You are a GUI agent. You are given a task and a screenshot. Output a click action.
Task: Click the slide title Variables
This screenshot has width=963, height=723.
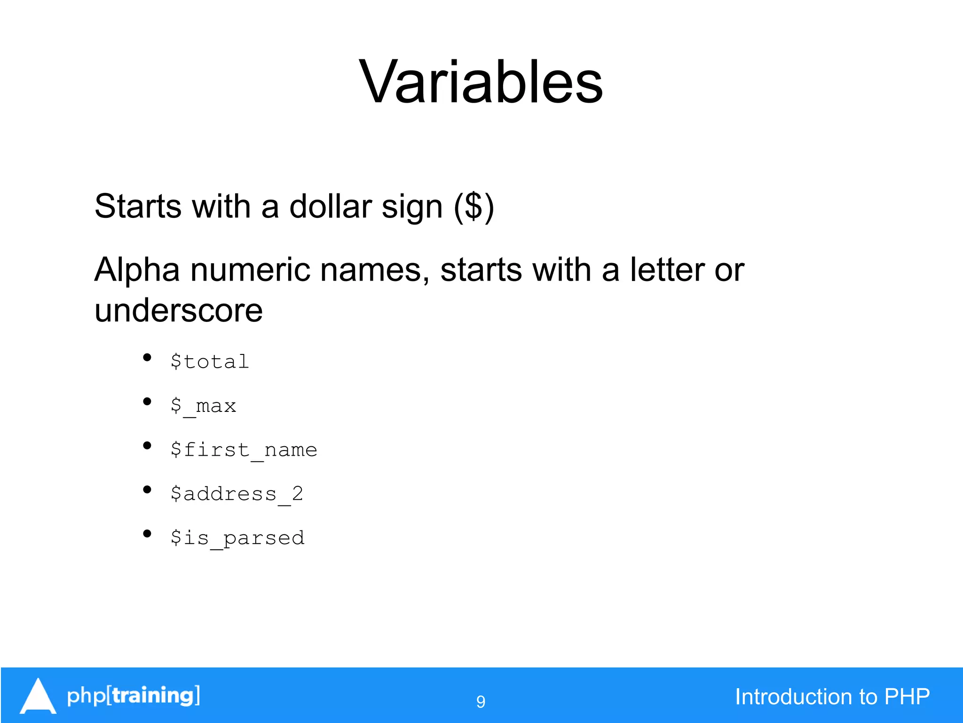pos(481,82)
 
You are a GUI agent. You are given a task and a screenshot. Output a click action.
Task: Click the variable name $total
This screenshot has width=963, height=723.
pos(209,361)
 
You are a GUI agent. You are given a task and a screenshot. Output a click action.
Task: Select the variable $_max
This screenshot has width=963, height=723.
pos(203,406)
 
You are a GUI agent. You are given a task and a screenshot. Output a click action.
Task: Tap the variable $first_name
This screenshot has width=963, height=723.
pos(244,450)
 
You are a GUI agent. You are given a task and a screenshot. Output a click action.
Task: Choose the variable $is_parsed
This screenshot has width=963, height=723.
pos(237,538)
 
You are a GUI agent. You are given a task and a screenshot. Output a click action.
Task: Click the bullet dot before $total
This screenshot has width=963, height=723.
pos(147,358)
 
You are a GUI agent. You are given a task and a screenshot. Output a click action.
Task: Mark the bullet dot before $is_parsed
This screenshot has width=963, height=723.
pos(147,534)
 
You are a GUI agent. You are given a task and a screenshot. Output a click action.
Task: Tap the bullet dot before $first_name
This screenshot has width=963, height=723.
pos(147,446)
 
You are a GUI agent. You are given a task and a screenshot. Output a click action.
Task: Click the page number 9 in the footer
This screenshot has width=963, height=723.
pos(481,701)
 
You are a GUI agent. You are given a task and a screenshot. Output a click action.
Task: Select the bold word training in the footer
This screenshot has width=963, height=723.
pos(153,695)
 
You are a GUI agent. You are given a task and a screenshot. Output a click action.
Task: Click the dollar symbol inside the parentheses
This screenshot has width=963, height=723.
pos(474,207)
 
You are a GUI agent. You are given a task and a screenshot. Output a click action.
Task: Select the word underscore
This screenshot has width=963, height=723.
pos(178,311)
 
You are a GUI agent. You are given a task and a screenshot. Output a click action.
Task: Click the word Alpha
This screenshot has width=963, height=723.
pos(137,270)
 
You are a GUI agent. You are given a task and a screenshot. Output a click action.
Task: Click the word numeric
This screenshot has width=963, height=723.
pos(250,270)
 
